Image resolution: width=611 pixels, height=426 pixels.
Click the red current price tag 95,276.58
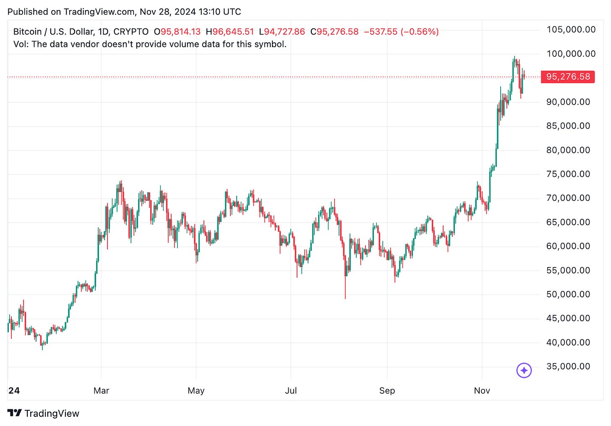pos(568,77)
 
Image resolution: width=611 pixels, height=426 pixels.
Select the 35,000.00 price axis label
pos(568,366)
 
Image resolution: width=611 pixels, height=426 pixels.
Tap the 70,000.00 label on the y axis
pos(568,198)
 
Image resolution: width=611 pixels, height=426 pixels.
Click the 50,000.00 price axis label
pos(568,294)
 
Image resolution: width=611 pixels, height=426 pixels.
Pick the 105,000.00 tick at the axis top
pos(571,29)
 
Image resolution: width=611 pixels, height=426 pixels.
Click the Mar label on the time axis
pos(101,391)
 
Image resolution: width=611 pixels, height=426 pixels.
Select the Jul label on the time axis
pos(291,391)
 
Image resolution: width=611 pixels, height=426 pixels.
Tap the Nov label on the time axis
pos(482,391)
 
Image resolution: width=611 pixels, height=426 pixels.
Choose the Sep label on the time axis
pos(387,391)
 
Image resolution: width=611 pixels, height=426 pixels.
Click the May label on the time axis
pos(196,391)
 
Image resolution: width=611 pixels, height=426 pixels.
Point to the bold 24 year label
pos(14,391)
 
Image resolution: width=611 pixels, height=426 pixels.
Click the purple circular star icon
pos(524,370)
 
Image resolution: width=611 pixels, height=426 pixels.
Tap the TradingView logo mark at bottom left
pos(14,413)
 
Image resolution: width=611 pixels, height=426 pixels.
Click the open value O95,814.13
pos(177,32)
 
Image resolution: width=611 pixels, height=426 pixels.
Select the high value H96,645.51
pos(230,32)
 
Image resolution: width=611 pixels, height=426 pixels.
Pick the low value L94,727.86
pos(282,32)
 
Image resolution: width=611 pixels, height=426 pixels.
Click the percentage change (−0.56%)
pos(419,32)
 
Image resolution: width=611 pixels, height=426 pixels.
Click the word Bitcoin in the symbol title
pos(27,32)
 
